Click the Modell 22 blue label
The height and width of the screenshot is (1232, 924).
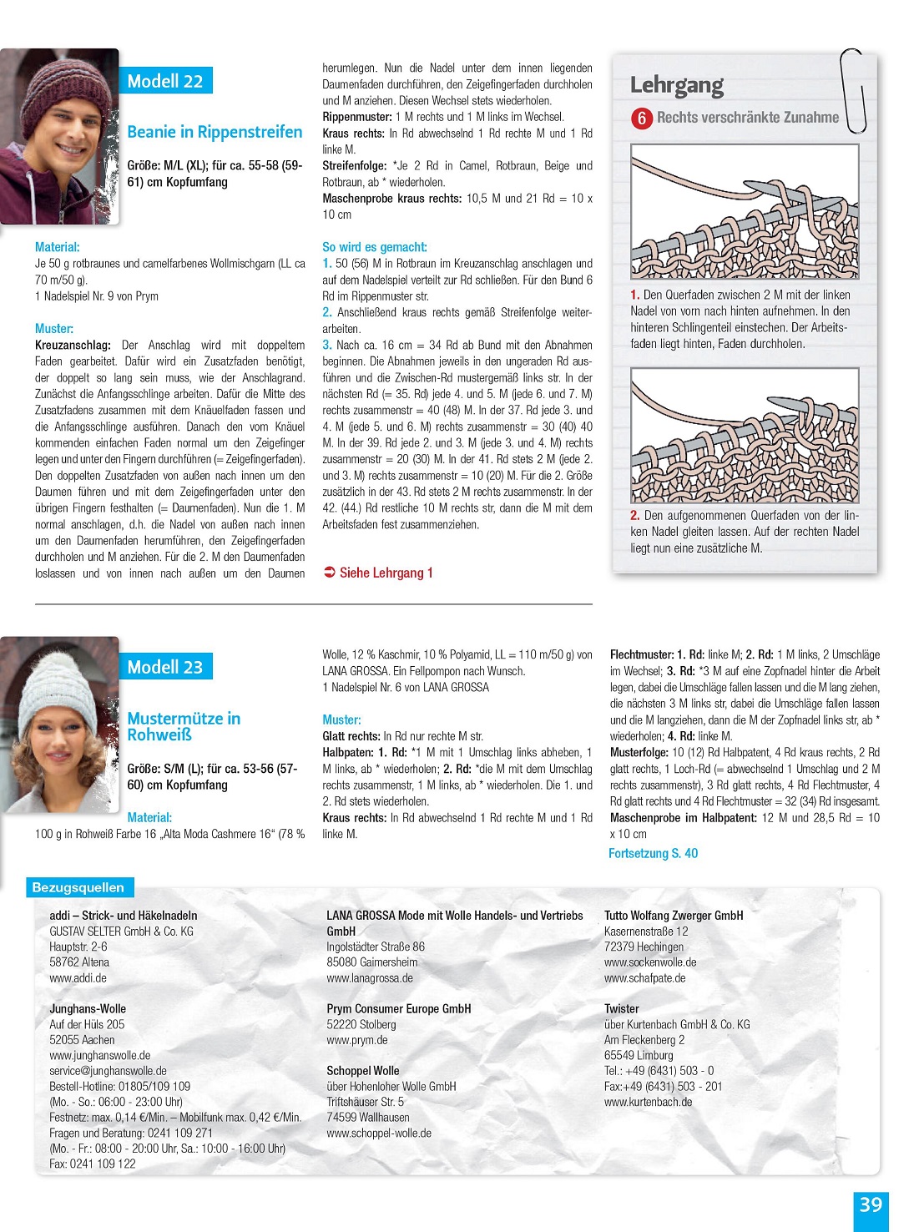pyautogui.click(x=165, y=81)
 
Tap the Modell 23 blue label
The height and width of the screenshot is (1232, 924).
pyautogui.click(x=165, y=667)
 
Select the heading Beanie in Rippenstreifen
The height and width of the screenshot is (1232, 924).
pyautogui.click(x=215, y=132)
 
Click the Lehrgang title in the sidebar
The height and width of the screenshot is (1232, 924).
pyautogui.click(x=677, y=85)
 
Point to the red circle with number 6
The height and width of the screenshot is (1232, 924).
pyautogui.click(x=641, y=119)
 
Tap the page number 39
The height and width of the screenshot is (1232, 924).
pyautogui.click(x=871, y=1205)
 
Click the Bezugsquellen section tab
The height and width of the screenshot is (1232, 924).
pyautogui.click(x=78, y=887)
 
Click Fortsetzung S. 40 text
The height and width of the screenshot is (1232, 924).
pyautogui.click(x=653, y=853)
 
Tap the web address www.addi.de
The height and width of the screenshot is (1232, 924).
pyautogui.click(x=78, y=978)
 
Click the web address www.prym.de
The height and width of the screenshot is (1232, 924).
pyautogui.click(x=357, y=1040)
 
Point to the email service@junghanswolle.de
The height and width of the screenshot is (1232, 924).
pyautogui.click(x=108, y=1071)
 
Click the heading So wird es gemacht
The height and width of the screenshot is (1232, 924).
pyautogui.click(x=375, y=247)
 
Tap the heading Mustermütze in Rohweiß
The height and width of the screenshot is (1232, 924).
pyautogui.click(x=184, y=726)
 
